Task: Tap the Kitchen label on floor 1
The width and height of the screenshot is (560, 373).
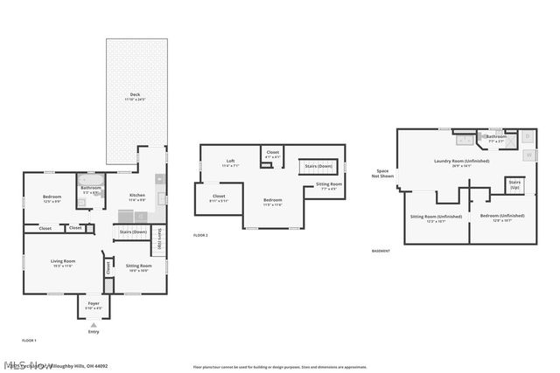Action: tap(137, 197)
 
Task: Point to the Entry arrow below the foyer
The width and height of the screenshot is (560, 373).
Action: tap(94, 325)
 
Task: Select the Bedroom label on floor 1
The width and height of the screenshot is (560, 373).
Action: tap(52, 198)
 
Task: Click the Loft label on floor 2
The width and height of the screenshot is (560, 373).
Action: tap(230, 161)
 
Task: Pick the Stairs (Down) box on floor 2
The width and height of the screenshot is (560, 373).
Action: tap(318, 166)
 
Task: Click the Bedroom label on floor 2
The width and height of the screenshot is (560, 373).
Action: tap(273, 202)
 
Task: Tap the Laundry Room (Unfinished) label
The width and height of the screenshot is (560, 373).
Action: tap(461, 162)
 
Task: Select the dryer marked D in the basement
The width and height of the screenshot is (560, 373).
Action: tap(527, 138)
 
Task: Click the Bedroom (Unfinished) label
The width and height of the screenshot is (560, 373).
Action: tap(502, 216)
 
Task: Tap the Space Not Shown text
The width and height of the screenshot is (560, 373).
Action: tap(382, 173)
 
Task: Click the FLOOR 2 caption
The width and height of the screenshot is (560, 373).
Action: tap(200, 235)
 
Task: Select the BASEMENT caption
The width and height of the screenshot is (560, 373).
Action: tap(381, 251)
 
